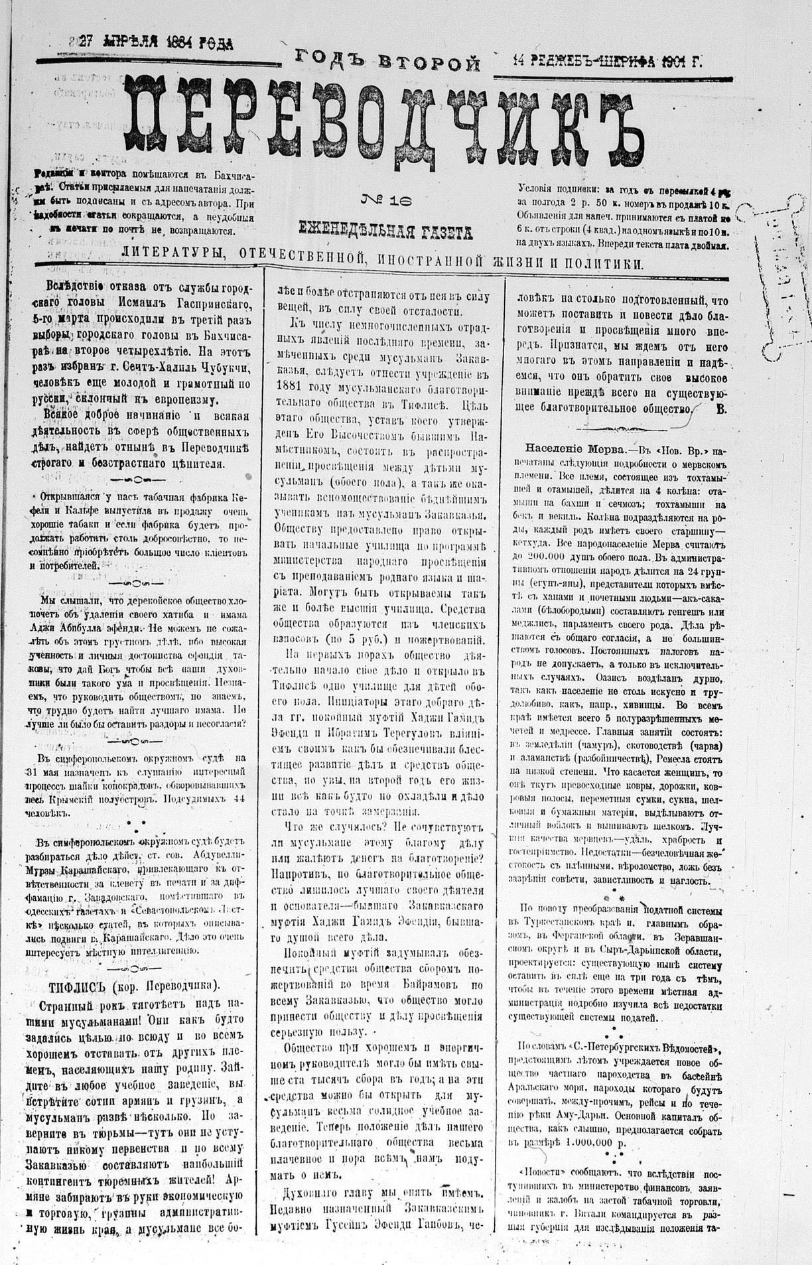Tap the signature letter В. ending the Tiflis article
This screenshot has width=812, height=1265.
coord(721,409)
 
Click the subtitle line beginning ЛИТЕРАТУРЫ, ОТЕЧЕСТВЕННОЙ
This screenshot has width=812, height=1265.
coord(382,263)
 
